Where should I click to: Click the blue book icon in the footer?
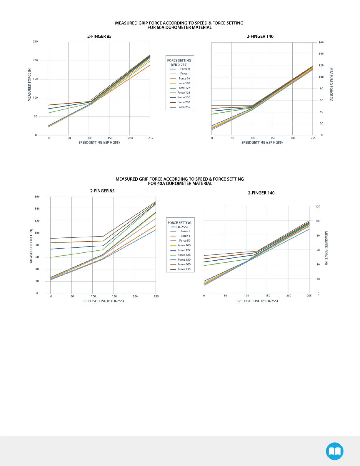pyautogui.click(x=334, y=451)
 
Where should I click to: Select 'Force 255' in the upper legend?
pyautogui.click(x=184, y=107)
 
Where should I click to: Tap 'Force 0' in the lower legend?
pyautogui.click(x=185, y=231)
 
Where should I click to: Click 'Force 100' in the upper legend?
pyautogui.click(x=184, y=83)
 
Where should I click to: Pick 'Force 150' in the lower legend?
pyautogui.click(x=184, y=260)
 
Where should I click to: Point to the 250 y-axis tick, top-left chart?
pyautogui.click(x=35, y=42)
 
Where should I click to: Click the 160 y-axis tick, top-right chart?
pyautogui.click(x=321, y=42)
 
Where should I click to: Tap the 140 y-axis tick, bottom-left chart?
pyautogui.click(x=37, y=209)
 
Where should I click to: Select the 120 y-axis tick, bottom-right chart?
pyautogui.click(x=318, y=207)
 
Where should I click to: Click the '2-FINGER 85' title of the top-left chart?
pyautogui.click(x=99, y=36)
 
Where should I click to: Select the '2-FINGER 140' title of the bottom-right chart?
pyautogui.click(x=261, y=193)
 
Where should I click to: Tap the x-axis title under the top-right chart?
pyautogui.click(x=262, y=142)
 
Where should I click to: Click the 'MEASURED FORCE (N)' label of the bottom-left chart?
pyautogui.click(x=31, y=246)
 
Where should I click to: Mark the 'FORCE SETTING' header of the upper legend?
pyautogui.click(x=179, y=61)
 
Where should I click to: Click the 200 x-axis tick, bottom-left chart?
pyautogui.click(x=135, y=296)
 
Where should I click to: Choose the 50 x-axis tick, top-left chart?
pyautogui.click(x=69, y=138)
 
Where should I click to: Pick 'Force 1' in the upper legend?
pyautogui.click(x=185, y=74)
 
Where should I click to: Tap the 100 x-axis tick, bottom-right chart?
pyautogui.click(x=246, y=296)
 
